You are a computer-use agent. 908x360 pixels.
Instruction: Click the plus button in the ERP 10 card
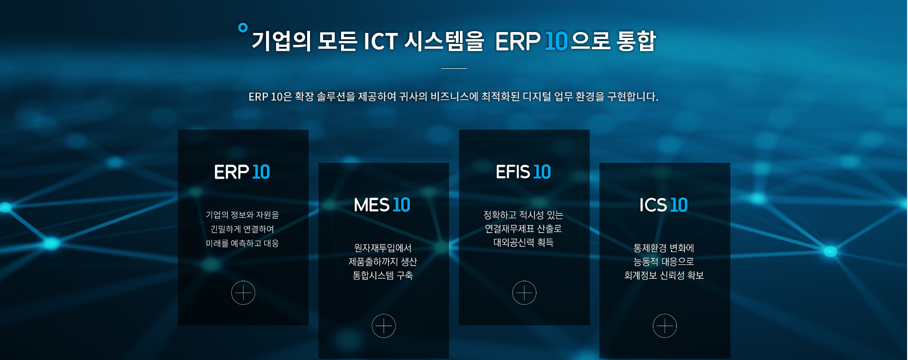pos(243,293)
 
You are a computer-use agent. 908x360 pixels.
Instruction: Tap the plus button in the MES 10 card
pos(384,326)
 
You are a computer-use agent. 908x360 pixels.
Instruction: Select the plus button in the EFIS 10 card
pos(524,293)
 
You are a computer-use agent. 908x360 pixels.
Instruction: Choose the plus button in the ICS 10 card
pos(664,326)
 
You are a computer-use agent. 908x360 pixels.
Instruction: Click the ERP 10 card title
pos(242,172)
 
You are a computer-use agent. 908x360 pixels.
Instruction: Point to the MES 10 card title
pos(382,205)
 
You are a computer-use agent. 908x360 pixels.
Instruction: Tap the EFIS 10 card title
pos(523,172)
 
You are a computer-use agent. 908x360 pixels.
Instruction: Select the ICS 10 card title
pos(663,205)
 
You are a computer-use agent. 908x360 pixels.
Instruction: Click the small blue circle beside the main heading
pos(243,27)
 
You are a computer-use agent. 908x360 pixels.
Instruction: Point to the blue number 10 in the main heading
pos(556,41)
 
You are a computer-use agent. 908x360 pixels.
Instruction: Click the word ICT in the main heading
pos(381,41)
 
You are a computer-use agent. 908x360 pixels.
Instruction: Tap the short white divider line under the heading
pos(454,68)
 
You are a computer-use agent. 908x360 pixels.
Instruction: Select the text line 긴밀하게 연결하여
pos(242,229)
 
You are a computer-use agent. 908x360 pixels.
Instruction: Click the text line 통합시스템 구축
pos(383,275)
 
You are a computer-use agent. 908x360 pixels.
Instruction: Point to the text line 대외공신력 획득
pos(523,243)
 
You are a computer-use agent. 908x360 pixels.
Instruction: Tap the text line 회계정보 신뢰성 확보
pos(664,275)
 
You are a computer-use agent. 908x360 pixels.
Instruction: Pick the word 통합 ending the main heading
pos(636,41)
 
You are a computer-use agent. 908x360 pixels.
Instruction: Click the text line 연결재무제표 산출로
pos(523,229)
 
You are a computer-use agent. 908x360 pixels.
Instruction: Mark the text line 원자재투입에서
pos(383,248)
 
